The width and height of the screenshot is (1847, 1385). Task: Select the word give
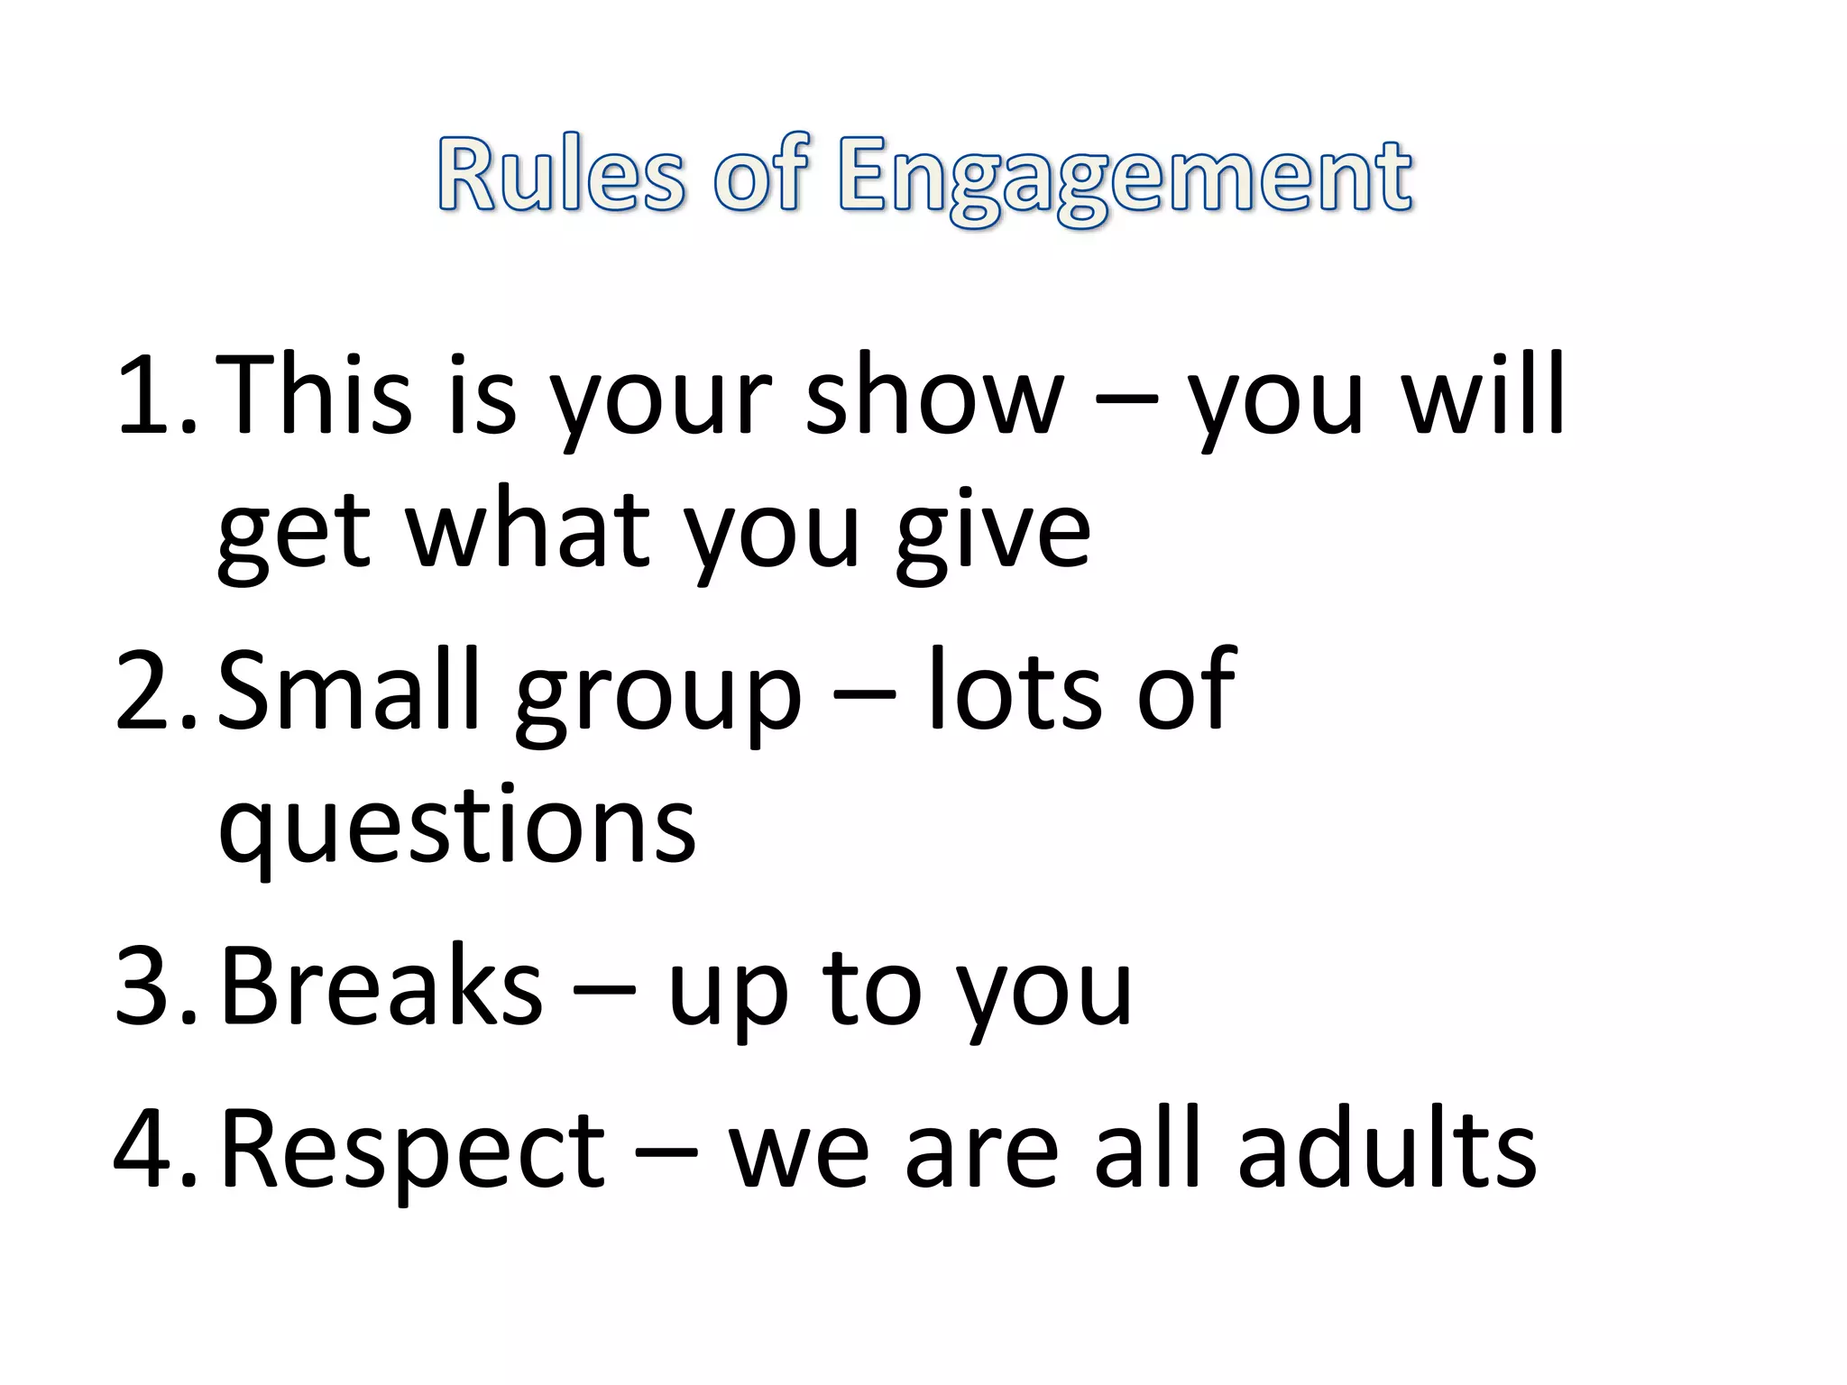tap(992, 532)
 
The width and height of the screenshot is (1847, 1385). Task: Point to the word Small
tap(348, 690)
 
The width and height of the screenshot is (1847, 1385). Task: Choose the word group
tap(657, 699)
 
